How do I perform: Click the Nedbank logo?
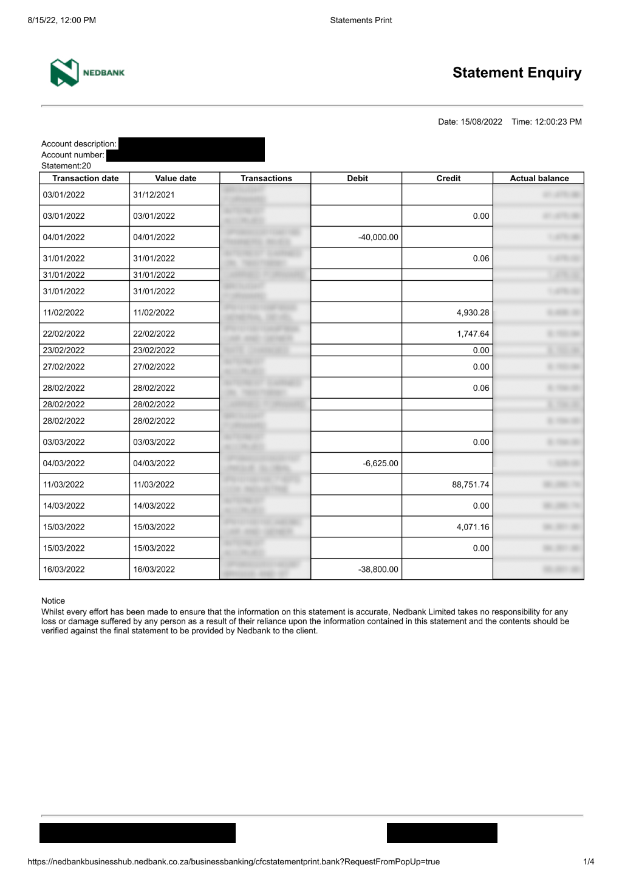[x=87, y=73]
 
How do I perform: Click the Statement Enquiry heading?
[x=516, y=73]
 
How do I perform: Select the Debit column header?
[x=357, y=178]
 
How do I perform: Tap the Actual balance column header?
[x=539, y=178]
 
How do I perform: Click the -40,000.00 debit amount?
[x=378, y=237]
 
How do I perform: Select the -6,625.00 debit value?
[x=380, y=463]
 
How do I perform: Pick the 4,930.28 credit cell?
[x=473, y=312]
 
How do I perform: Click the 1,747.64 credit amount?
[x=473, y=334]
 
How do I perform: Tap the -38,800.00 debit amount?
[x=378, y=570]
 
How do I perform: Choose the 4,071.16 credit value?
[x=473, y=527]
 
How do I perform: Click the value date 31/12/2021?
[x=154, y=195]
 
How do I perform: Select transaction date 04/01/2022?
[x=64, y=237]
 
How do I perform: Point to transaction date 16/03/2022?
[x=64, y=570]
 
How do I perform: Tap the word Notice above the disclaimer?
[x=53, y=601]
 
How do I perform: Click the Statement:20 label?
[x=66, y=165]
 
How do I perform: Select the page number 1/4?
[x=589, y=861]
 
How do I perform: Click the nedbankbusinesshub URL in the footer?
[x=233, y=861]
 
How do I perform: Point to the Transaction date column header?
[x=85, y=178]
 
